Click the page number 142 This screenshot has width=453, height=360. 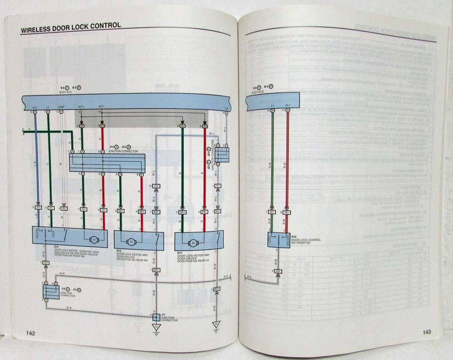(30, 333)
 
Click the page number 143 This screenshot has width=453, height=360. (427, 332)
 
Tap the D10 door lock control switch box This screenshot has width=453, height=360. (279, 240)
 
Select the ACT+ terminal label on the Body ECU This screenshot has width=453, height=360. (82, 107)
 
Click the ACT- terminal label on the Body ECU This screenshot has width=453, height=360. (102, 107)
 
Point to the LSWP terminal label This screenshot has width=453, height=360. (61, 107)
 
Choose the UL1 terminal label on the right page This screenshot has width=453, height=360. (288, 105)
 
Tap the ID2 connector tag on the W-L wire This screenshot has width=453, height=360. (156, 186)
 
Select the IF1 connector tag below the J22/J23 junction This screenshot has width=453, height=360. (218, 186)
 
